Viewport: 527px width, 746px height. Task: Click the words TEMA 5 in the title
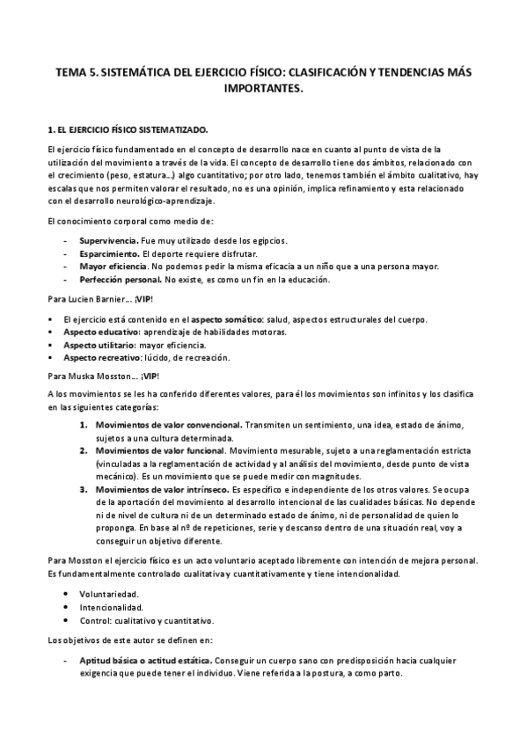click(72, 75)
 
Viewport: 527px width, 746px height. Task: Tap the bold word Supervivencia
click(107, 240)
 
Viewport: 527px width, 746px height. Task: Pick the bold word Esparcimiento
click(108, 253)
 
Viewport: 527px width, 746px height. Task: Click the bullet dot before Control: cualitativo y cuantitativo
click(68, 619)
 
